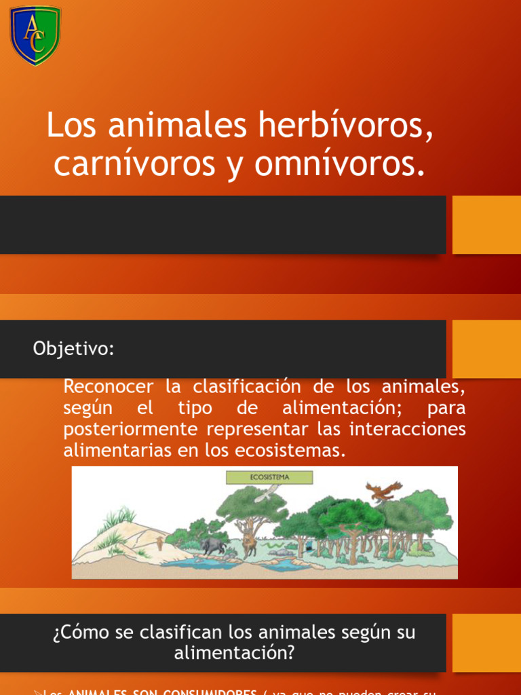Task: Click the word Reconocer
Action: (x=109, y=388)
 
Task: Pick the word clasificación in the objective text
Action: (x=246, y=387)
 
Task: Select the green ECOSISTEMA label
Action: (x=269, y=477)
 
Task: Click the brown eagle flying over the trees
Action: (x=383, y=491)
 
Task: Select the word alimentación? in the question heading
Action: (x=235, y=654)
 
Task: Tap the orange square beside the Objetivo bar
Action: (x=486, y=349)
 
